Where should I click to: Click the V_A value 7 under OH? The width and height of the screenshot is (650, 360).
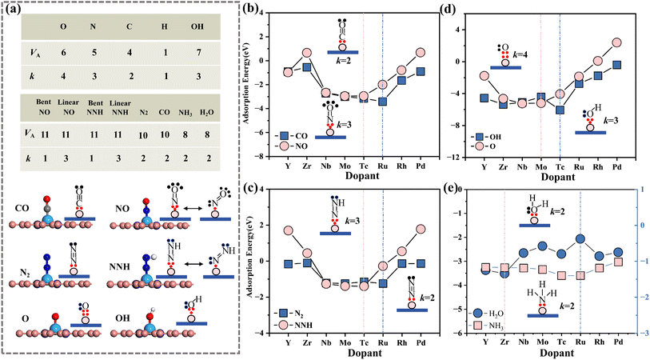[197, 53]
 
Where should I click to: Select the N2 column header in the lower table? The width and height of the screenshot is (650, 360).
[142, 112]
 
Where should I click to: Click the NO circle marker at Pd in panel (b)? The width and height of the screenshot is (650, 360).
[421, 52]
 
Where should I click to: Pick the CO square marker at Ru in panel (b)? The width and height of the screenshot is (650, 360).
[383, 102]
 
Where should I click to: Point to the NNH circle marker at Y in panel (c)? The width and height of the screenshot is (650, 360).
[288, 230]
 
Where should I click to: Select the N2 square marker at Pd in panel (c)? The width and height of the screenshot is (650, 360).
[421, 264]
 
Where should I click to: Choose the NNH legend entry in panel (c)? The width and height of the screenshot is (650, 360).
[294, 325]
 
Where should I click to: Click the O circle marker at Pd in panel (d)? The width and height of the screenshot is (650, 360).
[617, 42]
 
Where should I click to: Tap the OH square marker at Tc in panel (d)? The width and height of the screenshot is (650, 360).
[560, 110]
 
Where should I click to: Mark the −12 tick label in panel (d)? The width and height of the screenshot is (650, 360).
[455, 158]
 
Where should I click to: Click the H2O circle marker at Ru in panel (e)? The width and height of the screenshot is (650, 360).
[580, 239]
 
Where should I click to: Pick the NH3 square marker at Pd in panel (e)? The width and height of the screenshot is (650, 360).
[618, 262]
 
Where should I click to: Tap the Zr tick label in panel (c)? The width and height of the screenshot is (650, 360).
[307, 343]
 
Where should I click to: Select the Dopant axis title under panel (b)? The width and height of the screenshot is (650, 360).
[363, 175]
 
